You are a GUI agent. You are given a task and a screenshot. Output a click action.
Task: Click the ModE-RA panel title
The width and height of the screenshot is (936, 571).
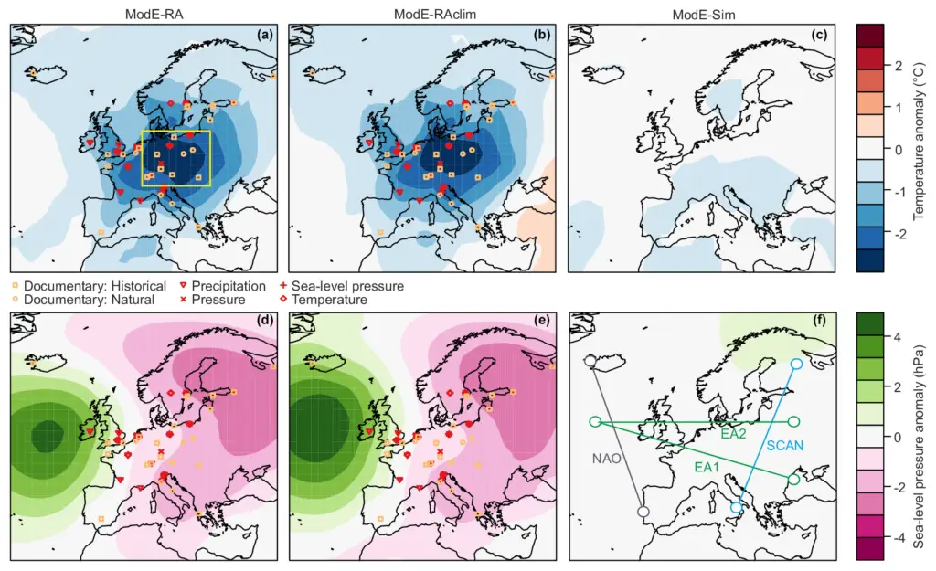click(x=154, y=15)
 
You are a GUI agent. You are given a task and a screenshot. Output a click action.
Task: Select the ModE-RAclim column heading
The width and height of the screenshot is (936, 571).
click(x=434, y=15)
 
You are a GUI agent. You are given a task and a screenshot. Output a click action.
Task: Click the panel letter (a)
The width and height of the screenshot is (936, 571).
click(x=264, y=35)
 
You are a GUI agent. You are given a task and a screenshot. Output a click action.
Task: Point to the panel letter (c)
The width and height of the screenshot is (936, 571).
click(x=820, y=35)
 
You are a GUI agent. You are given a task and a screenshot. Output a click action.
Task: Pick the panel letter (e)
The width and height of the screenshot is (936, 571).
click(x=542, y=321)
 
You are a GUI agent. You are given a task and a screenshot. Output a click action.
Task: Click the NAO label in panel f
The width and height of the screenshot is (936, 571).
click(x=607, y=459)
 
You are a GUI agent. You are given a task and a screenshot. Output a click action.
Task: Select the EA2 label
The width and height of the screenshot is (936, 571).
click(x=734, y=434)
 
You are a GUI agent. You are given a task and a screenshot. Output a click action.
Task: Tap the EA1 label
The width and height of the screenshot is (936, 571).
click(x=707, y=467)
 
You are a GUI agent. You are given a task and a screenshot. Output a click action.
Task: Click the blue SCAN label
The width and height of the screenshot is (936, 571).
click(x=785, y=446)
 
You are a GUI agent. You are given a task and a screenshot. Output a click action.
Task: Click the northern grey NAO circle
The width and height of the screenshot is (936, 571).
click(x=590, y=361)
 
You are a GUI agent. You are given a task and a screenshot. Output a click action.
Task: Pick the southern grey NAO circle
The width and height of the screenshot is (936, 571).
click(x=643, y=512)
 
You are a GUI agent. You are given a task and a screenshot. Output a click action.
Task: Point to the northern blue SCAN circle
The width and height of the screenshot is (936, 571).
click(x=796, y=364)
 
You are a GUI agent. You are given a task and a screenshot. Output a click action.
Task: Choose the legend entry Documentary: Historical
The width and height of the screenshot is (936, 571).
click(x=90, y=286)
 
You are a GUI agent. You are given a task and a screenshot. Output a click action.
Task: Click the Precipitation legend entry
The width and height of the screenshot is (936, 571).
click(x=223, y=286)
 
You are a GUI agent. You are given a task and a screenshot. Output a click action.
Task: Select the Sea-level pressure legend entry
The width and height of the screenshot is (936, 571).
click(x=342, y=286)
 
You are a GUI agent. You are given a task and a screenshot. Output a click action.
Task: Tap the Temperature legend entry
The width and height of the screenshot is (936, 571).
click(x=324, y=301)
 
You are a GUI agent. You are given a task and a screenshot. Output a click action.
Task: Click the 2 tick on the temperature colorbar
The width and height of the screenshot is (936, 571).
click(x=898, y=66)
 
